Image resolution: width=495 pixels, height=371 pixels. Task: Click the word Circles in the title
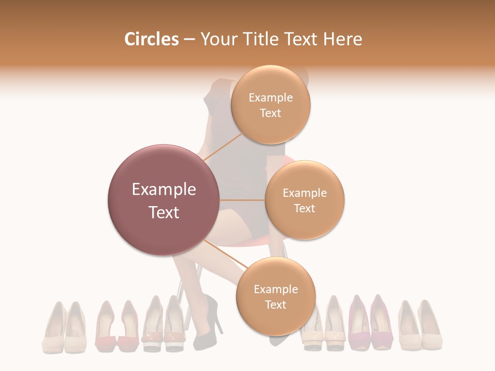click(x=151, y=39)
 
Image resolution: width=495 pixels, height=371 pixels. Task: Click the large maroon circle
click(x=164, y=200)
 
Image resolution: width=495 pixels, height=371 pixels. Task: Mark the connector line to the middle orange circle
click(x=242, y=200)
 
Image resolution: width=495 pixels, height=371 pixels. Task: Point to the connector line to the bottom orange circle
click(x=226, y=254)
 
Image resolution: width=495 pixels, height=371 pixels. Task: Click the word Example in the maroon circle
click(x=164, y=190)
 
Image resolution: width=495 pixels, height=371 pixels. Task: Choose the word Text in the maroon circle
click(x=164, y=212)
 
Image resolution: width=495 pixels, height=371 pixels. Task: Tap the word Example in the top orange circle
click(x=271, y=98)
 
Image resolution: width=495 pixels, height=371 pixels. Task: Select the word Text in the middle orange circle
click(x=304, y=208)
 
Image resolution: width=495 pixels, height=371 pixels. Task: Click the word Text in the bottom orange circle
click(x=275, y=305)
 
